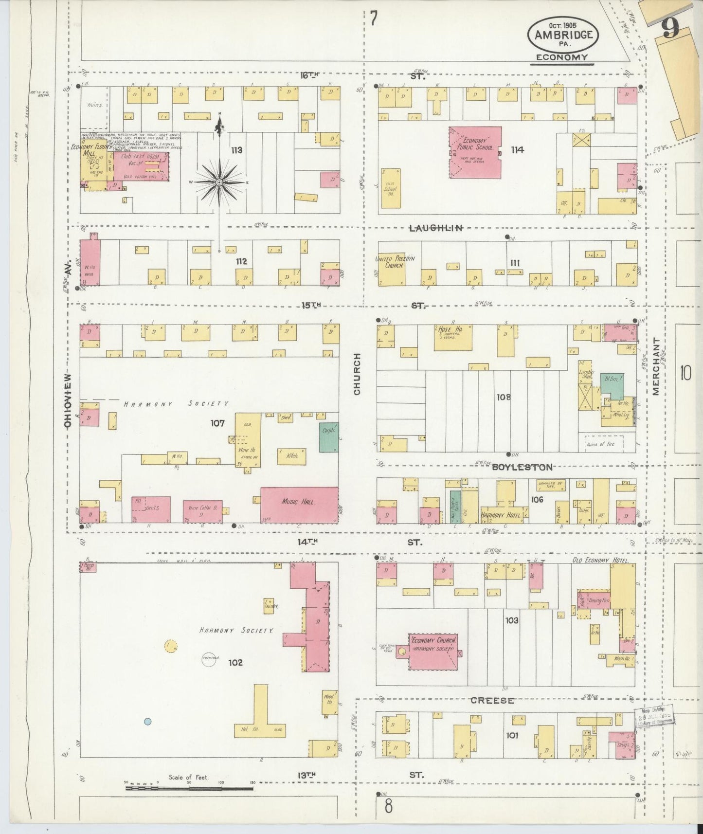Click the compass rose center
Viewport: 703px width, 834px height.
click(219, 182)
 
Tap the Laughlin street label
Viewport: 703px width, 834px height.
click(435, 228)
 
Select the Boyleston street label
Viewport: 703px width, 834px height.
click(522, 467)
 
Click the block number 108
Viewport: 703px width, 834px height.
click(503, 397)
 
